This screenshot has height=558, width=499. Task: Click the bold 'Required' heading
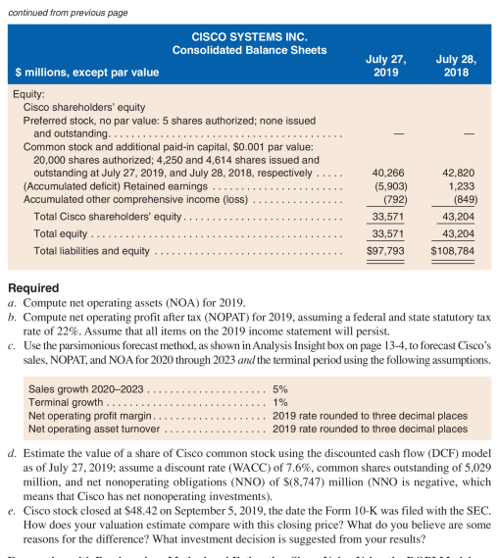[33, 288]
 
